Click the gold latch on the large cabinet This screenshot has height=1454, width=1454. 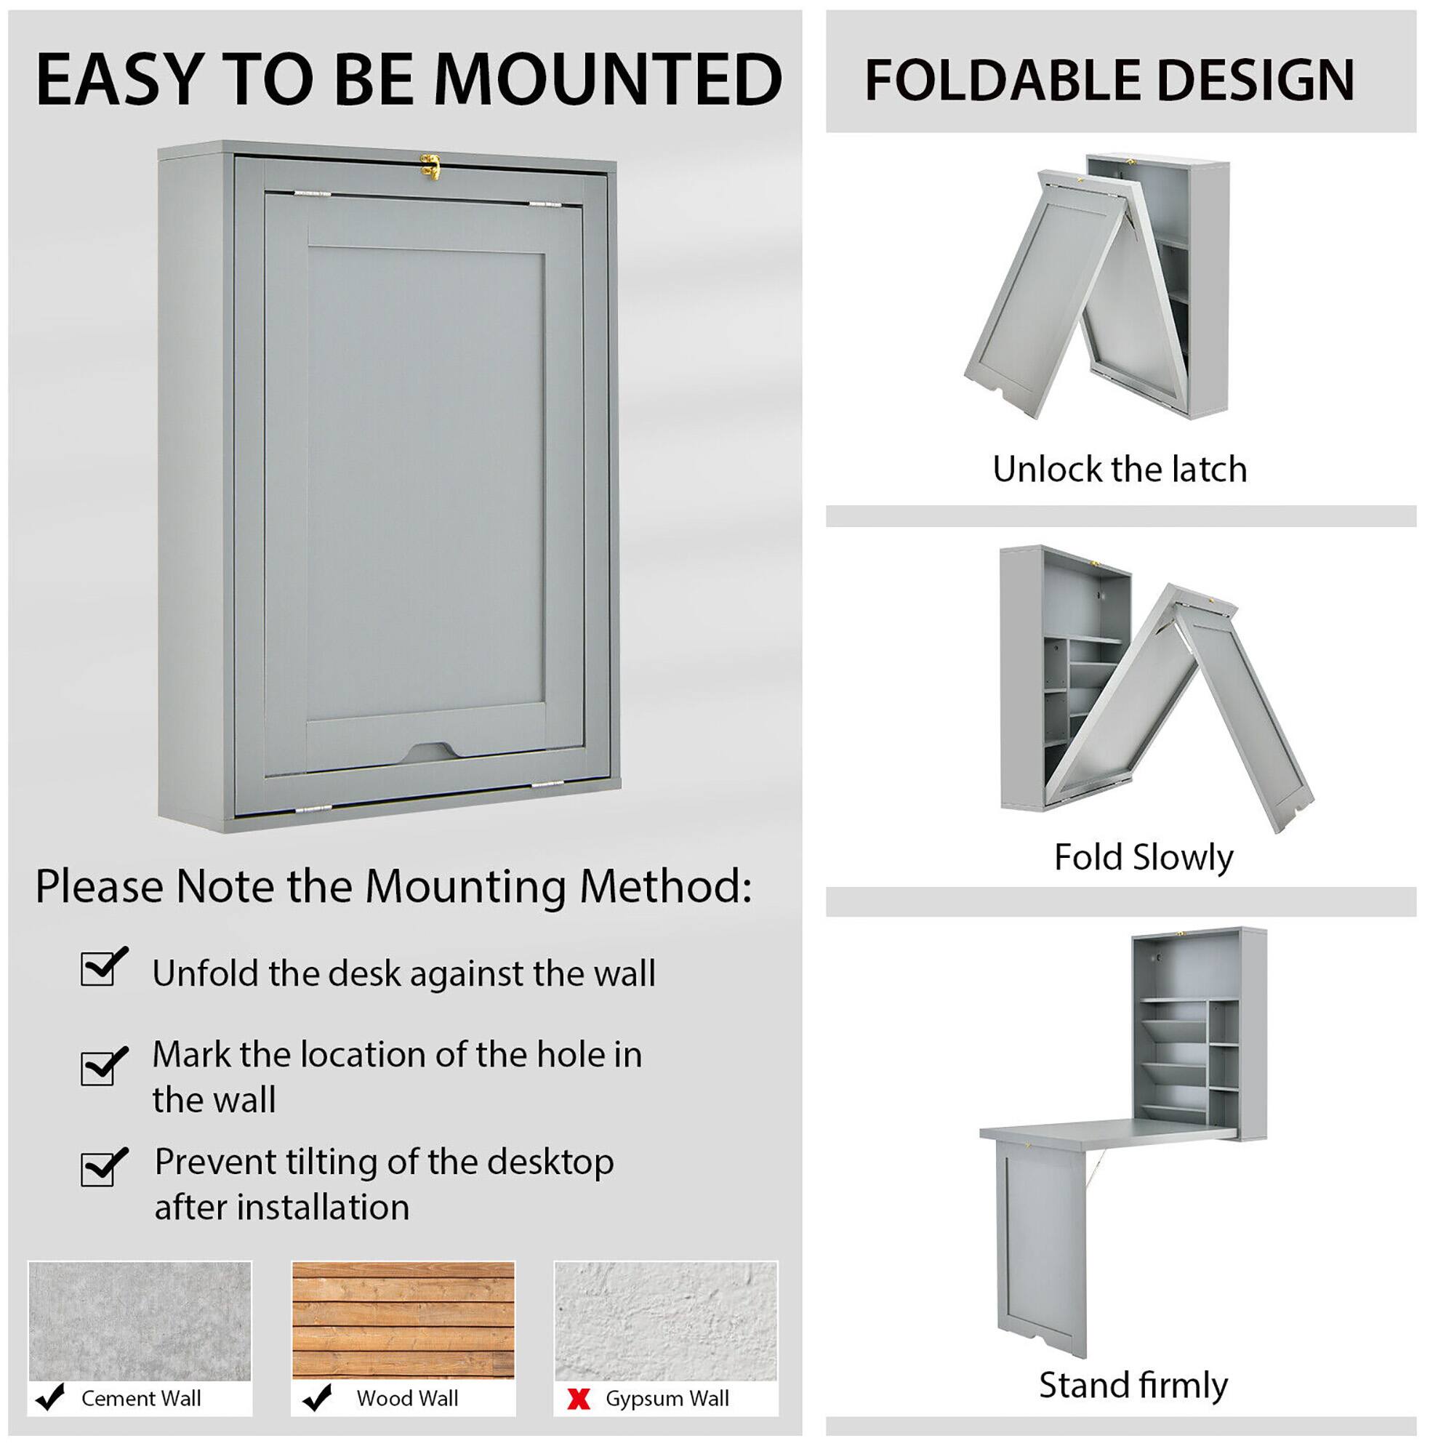(x=430, y=167)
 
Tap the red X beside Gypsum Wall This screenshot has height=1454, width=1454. (x=578, y=1399)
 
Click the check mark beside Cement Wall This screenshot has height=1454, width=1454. (x=50, y=1397)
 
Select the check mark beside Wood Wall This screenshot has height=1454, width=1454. (x=317, y=1397)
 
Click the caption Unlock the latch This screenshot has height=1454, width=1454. (x=1119, y=470)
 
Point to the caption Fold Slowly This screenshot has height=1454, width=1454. (x=1142, y=857)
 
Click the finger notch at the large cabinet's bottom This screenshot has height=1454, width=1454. (x=429, y=751)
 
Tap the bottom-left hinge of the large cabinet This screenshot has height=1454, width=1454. (x=313, y=810)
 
